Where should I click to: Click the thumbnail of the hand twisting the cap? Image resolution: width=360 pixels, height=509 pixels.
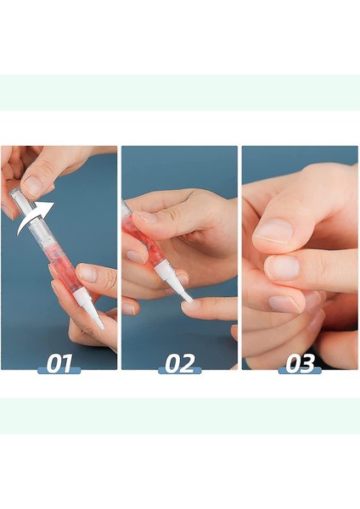click(x=32, y=184)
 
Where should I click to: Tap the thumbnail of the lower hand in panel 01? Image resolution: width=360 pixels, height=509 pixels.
click(x=87, y=274)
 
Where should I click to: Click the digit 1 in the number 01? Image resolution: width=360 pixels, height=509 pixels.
click(x=67, y=364)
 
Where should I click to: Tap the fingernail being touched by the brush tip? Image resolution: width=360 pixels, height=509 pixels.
click(x=190, y=304)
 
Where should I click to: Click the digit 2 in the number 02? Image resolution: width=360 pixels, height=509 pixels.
click(x=188, y=364)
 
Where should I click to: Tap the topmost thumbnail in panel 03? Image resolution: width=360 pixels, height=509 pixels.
click(x=274, y=231)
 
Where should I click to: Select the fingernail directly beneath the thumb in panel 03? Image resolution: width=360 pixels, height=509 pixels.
click(x=284, y=267)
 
